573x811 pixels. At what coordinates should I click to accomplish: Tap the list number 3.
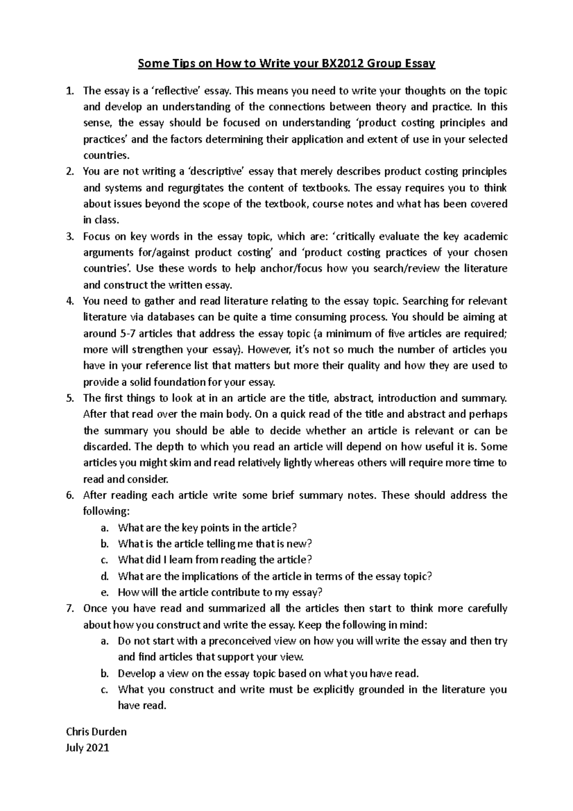tap(70, 236)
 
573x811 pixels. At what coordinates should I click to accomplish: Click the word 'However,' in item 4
tap(269, 350)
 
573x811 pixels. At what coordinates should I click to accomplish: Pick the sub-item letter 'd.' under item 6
tap(105, 576)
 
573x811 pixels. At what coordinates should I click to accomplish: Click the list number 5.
tap(70, 398)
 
